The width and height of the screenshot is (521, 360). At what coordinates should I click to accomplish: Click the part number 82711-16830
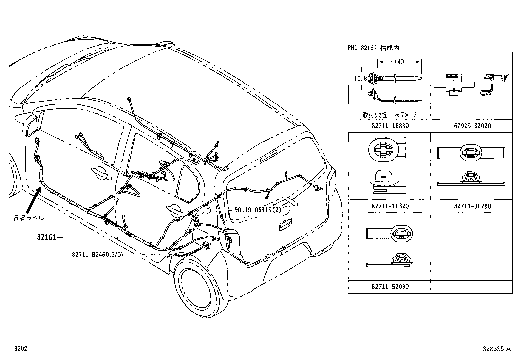click(390, 126)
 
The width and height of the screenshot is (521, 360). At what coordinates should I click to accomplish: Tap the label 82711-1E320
click(390, 206)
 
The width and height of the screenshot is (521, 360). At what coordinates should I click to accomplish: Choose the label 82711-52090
click(390, 286)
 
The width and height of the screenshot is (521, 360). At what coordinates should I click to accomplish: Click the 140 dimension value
click(399, 62)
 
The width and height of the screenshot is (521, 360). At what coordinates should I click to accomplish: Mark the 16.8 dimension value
click(360, 79)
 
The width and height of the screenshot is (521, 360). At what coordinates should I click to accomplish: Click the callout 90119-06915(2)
click(258, 210)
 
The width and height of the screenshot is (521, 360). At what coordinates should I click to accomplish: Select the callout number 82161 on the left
click(46, 237)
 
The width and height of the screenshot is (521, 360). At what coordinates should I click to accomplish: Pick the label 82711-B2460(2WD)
click(97, 255)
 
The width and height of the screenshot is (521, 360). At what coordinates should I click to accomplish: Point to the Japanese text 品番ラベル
click(29, 218)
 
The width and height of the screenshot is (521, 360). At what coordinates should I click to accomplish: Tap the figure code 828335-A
click(496, 349)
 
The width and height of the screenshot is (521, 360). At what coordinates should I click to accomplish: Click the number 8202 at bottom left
click(20, 349)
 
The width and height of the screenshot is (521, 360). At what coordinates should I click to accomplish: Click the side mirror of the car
click(33, 124)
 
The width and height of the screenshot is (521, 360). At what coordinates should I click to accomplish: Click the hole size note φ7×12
click(406, 115)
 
